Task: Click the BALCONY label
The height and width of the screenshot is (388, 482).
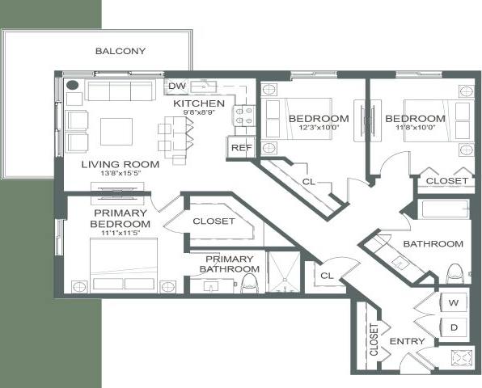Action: (x=120, y=51)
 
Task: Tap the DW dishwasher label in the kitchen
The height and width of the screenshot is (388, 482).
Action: (x=175, y=86)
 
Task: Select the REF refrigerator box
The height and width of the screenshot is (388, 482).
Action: (x=240, y=148)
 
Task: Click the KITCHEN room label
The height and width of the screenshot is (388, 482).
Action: (x=199, y=103)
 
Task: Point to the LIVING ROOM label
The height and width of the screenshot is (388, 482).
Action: (x=120, y=164)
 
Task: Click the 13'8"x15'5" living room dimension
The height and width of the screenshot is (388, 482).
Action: (x=120, y=174)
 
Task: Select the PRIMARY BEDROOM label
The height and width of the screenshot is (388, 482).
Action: (x=120, y=217)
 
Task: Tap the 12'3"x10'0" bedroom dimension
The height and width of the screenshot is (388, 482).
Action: (x=319, y=128)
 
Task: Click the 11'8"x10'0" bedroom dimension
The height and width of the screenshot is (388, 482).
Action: (x=414, y=128)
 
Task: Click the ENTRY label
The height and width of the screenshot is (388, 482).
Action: (x=407, y=342)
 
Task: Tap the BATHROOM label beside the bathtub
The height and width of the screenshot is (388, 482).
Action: (x=433, y=243)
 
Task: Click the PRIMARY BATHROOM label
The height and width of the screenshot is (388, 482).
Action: (x=228, y=264)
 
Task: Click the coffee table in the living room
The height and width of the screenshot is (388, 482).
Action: (x=117, y=130)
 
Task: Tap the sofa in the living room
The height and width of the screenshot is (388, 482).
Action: (x=121, y=90)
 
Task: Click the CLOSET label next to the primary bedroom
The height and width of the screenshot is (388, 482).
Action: (x=214, y=221)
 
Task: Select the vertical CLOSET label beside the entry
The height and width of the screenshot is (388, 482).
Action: (x=374, y=340)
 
